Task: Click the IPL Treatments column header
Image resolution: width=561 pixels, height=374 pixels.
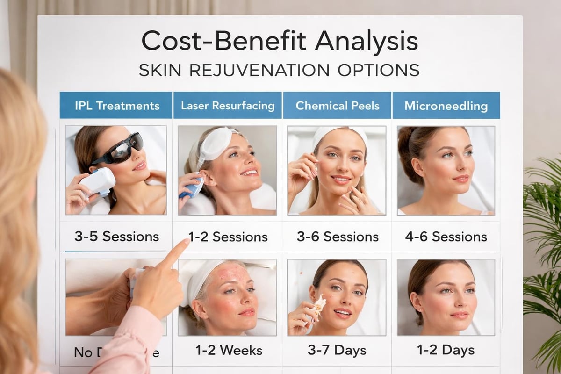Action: [117, 106]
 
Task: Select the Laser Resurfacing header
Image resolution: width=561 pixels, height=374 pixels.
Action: [228, 106]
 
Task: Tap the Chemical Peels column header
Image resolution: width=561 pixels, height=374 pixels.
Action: [338, 106]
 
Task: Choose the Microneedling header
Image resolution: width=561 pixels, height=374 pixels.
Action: [446, 106]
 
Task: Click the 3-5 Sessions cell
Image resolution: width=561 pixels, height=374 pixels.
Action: [116, 236]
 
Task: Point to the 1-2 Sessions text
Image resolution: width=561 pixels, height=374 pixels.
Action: [228, 237]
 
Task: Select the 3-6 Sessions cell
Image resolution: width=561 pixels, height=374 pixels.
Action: [338, 237]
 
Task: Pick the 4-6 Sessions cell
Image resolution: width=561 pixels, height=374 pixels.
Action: [446, 237]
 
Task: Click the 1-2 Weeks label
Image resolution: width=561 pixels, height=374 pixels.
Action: [228, 350]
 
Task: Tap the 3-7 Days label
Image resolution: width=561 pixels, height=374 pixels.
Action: [338, 350]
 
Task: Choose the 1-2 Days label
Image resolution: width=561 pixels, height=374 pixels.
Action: [446, 350]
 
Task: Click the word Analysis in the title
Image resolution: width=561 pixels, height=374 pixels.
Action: [366, 41]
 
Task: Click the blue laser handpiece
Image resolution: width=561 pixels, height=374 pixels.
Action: [192, 187]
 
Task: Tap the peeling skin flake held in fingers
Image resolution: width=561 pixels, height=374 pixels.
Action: [320, 304]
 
